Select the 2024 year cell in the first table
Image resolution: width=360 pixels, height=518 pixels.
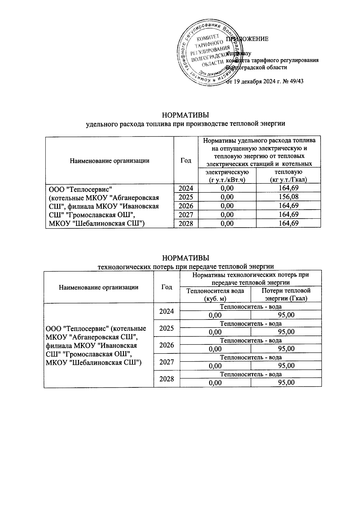pos(186,188)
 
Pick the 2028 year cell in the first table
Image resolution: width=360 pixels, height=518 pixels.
pos(186,223)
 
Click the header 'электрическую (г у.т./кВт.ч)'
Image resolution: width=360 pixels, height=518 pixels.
pos(227,176)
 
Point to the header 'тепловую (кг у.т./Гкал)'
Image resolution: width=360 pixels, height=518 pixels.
pos(288,176)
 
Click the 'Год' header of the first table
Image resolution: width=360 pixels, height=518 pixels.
pos(186,160)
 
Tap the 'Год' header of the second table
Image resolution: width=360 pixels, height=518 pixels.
pos(166,287)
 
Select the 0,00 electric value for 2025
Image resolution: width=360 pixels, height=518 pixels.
pos(227,197)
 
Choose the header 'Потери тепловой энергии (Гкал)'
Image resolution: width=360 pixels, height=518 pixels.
pos(286,294)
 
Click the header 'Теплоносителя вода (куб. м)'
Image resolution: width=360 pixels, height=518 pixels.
pos(215,294)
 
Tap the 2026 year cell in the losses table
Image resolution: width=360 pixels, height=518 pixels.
pos(166,345)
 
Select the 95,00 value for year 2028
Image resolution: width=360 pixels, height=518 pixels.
pos(286,383)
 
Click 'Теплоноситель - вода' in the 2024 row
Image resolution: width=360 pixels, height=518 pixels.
pos(251,307)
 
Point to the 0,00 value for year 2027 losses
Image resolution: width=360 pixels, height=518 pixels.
pos(215,366)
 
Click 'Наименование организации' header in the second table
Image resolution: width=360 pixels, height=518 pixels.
pos(99,287)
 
